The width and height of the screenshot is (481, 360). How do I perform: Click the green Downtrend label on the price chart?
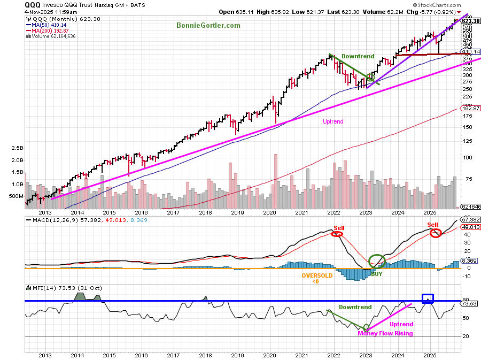coord(358,56)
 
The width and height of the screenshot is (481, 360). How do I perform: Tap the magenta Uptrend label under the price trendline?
coord(333,121)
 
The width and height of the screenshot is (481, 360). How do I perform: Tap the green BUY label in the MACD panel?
coord(377,273)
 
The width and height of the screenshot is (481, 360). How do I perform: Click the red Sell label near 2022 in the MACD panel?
coord(338,227)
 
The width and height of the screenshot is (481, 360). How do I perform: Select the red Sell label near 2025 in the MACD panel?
coord(432,224)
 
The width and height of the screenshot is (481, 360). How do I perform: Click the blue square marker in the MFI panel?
coord(428,298)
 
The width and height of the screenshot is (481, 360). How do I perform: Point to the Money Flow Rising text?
coord(385,333)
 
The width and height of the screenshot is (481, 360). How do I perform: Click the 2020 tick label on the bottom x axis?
coord(269,355)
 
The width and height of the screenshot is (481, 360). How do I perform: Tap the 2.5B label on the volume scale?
coord(17,148)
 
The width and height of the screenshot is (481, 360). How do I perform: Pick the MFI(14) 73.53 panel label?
coord(52,288)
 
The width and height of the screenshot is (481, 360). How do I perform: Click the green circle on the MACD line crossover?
coord(377,261)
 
